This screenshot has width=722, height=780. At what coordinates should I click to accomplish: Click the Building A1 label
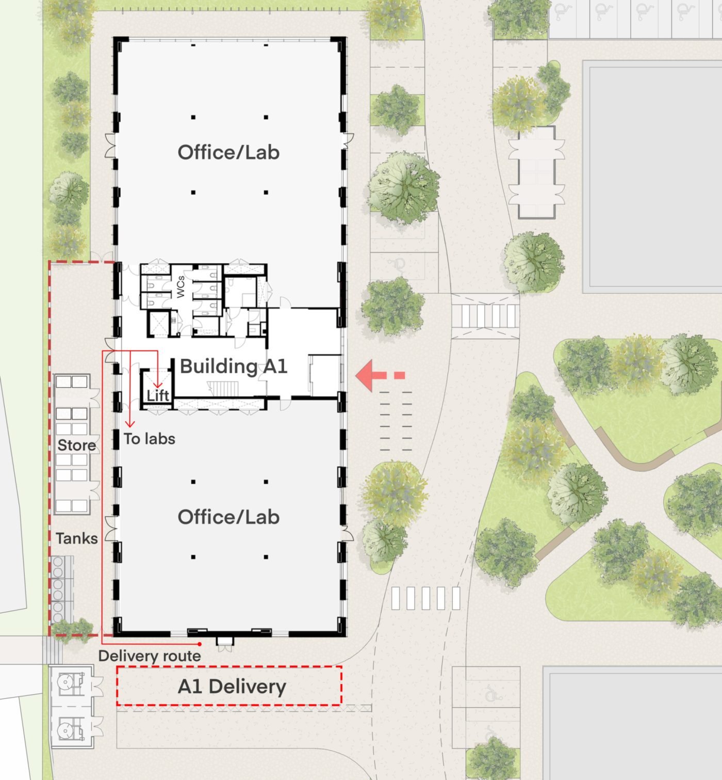(234, 367)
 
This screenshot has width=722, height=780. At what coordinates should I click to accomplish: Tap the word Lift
(158, 395)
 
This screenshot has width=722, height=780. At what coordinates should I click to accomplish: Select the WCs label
(180, 287)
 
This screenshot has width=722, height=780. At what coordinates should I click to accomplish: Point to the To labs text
(150, 439)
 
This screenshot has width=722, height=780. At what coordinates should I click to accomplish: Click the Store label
(76, 445)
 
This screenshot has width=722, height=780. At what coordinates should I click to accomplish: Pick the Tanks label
(76, 538)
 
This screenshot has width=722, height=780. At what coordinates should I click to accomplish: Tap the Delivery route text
(150, 656)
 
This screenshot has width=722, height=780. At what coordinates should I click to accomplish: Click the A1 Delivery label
(232, 687)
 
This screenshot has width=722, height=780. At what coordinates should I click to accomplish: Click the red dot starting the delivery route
(200, 644)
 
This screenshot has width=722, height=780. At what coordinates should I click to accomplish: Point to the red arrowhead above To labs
(130, 424)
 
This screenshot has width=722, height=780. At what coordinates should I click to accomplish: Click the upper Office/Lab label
(229, 152)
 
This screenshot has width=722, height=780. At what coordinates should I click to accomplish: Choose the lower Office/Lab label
(229, 517)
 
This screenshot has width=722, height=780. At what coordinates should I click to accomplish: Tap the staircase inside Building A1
(222, 388)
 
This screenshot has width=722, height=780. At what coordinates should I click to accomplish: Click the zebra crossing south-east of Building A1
(426, 598)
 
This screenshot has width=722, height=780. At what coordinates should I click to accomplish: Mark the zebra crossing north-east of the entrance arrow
(485, 316)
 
